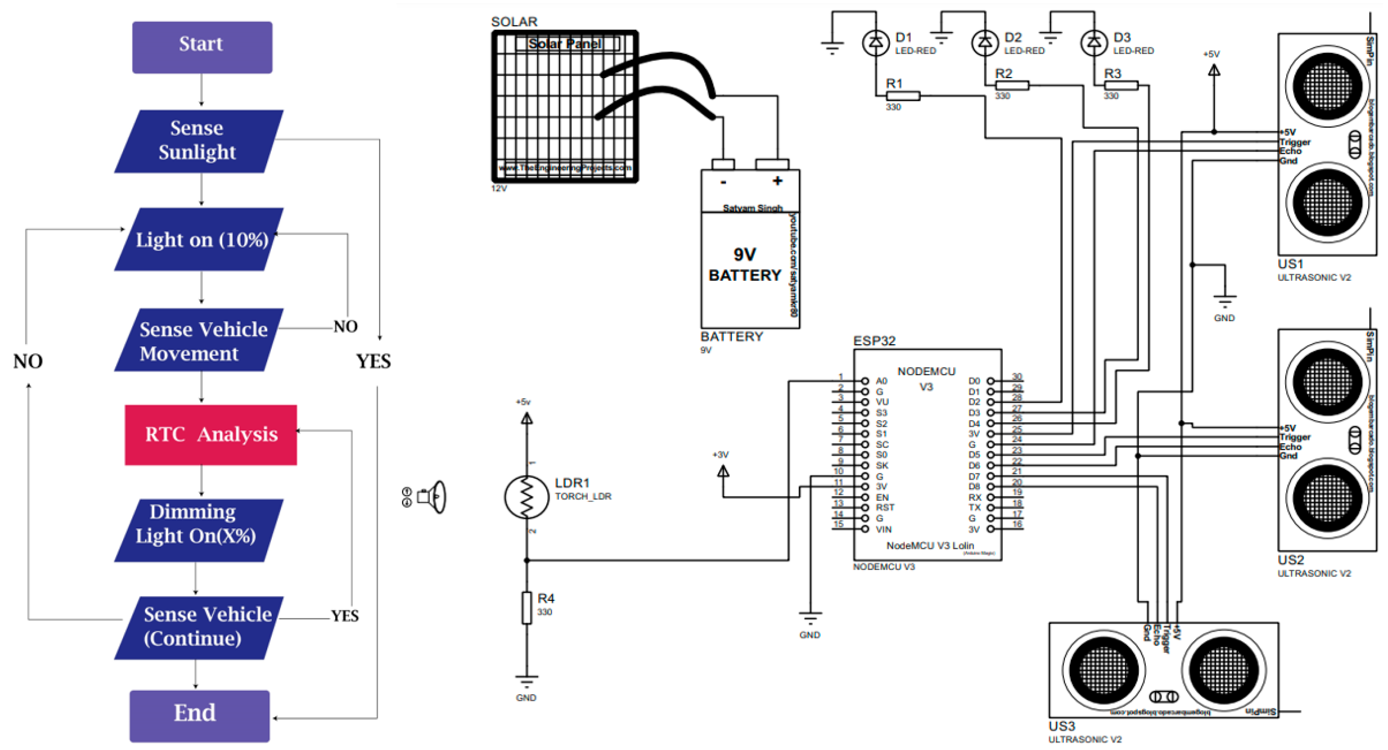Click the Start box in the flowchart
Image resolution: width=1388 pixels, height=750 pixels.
tap(202, 47)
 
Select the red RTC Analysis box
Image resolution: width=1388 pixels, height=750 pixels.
tap(211, 434)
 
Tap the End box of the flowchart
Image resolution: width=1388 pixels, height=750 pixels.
tap(199, 715)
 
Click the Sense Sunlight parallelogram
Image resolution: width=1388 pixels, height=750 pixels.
tap(198, 141)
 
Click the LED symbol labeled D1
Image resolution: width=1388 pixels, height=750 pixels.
tap(875, 42)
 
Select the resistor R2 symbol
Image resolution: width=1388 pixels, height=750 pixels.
tap(1011, 85)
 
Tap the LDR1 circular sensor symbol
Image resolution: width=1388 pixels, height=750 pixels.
tap(526, 496)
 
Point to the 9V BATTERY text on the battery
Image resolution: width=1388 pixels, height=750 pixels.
tap(744, 265)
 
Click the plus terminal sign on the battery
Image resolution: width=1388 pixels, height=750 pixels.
tap(776, 181)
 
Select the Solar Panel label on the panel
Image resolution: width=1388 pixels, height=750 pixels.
tap(564, 43)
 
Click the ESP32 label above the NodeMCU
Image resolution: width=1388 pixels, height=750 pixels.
tap(873, 341)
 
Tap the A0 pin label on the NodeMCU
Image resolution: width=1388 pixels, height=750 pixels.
tap(881, 381)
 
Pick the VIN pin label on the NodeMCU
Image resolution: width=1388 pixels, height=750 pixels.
tap(883, 529)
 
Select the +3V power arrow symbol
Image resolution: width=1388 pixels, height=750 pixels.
tap(723, 472)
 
